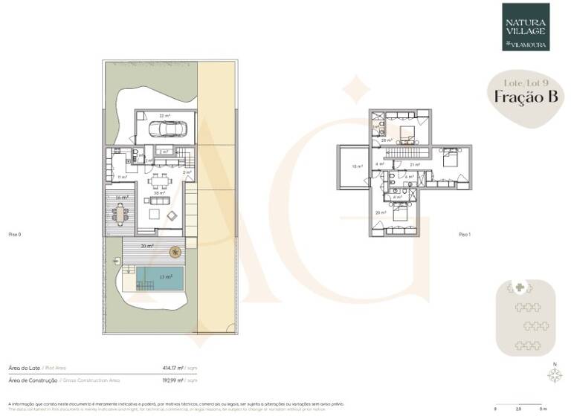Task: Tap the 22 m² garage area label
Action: click(166, 116)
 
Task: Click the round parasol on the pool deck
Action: click(175, 251)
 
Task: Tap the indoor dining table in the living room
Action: click(157, 180)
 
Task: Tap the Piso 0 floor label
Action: click(13, 234)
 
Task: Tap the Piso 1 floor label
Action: click(465, 234)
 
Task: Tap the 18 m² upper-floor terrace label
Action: click(357, 166)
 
